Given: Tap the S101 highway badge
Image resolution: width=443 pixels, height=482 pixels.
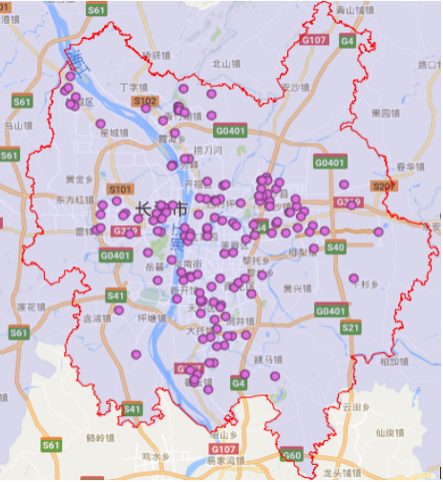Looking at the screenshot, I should coord(121,189).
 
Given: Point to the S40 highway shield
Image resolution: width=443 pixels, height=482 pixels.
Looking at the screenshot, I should coord(334,247).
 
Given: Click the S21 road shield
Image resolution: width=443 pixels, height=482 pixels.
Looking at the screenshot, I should coord(350,327).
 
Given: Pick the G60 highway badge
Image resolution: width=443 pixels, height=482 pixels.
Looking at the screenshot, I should coord(291,456).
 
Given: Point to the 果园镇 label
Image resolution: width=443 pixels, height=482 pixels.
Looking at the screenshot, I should coord(385,112).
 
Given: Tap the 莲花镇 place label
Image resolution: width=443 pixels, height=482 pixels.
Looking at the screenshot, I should coord(32,306).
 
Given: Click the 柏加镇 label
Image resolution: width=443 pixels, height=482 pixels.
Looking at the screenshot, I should coord(393,361).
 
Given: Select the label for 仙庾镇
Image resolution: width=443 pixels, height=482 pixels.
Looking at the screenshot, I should coord(390,431).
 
